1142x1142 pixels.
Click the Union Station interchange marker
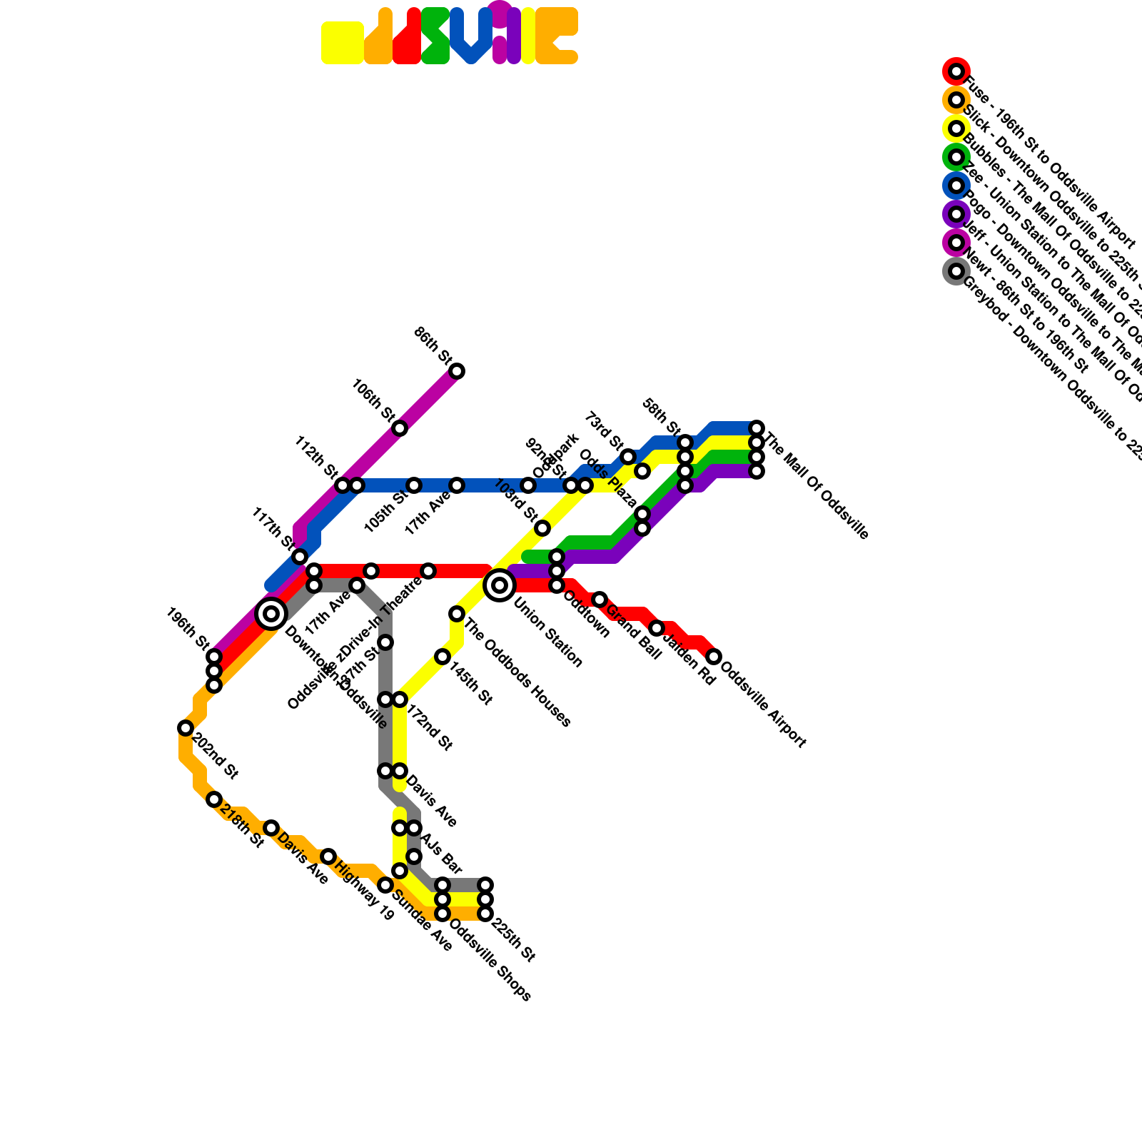(x=500, y=585)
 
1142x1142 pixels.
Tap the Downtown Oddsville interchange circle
(x=271, y=613)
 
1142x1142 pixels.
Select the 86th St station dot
(x=457, y=371)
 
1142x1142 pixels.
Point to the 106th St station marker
(x=400, y=428)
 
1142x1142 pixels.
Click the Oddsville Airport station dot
(x=714, y=657)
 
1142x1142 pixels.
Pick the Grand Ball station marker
(x=600, y=600)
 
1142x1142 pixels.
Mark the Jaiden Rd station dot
(x=657, y=628)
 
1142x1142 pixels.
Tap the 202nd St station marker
(x=186, y=728)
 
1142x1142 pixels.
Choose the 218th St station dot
(x=214, y=799)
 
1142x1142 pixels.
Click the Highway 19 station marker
(x=328, y=856)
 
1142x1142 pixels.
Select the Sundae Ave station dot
(x=385, y=885)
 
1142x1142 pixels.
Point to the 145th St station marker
(x=443, y=657)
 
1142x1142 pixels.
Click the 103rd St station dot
(x=542, y=528)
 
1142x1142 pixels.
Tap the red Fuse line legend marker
(x=956, y=71)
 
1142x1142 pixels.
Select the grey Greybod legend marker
(x=956, y=271)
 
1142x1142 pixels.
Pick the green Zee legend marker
(x=956, y=157)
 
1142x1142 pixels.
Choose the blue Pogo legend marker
(x=956, y=186)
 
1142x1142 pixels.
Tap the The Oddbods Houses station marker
(x=457, y=614)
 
